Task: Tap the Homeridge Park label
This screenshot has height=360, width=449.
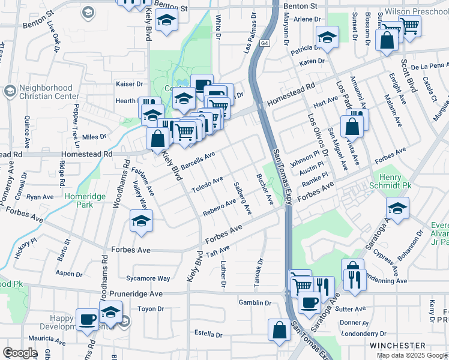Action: [x=83, y=200]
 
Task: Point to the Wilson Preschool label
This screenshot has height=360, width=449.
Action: [x=414, y=11]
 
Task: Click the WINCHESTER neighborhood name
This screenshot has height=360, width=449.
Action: [x=397, y=346]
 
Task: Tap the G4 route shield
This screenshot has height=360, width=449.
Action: [x=265, y=43]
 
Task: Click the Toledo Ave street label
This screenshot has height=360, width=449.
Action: [x=207, y=184]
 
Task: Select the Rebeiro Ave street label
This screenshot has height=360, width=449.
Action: [x=220, y=207]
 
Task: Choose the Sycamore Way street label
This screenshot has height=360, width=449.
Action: [x=148, y=278]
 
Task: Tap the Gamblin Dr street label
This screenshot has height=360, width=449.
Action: [x=255, y=303]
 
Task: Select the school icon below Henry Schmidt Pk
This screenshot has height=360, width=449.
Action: [x=397, y=208]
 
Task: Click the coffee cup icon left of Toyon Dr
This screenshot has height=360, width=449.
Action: [x=88, y=319]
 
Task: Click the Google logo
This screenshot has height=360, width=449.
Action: [x=20, y=353]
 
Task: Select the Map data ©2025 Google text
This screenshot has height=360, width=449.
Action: [x=412, y=355]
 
